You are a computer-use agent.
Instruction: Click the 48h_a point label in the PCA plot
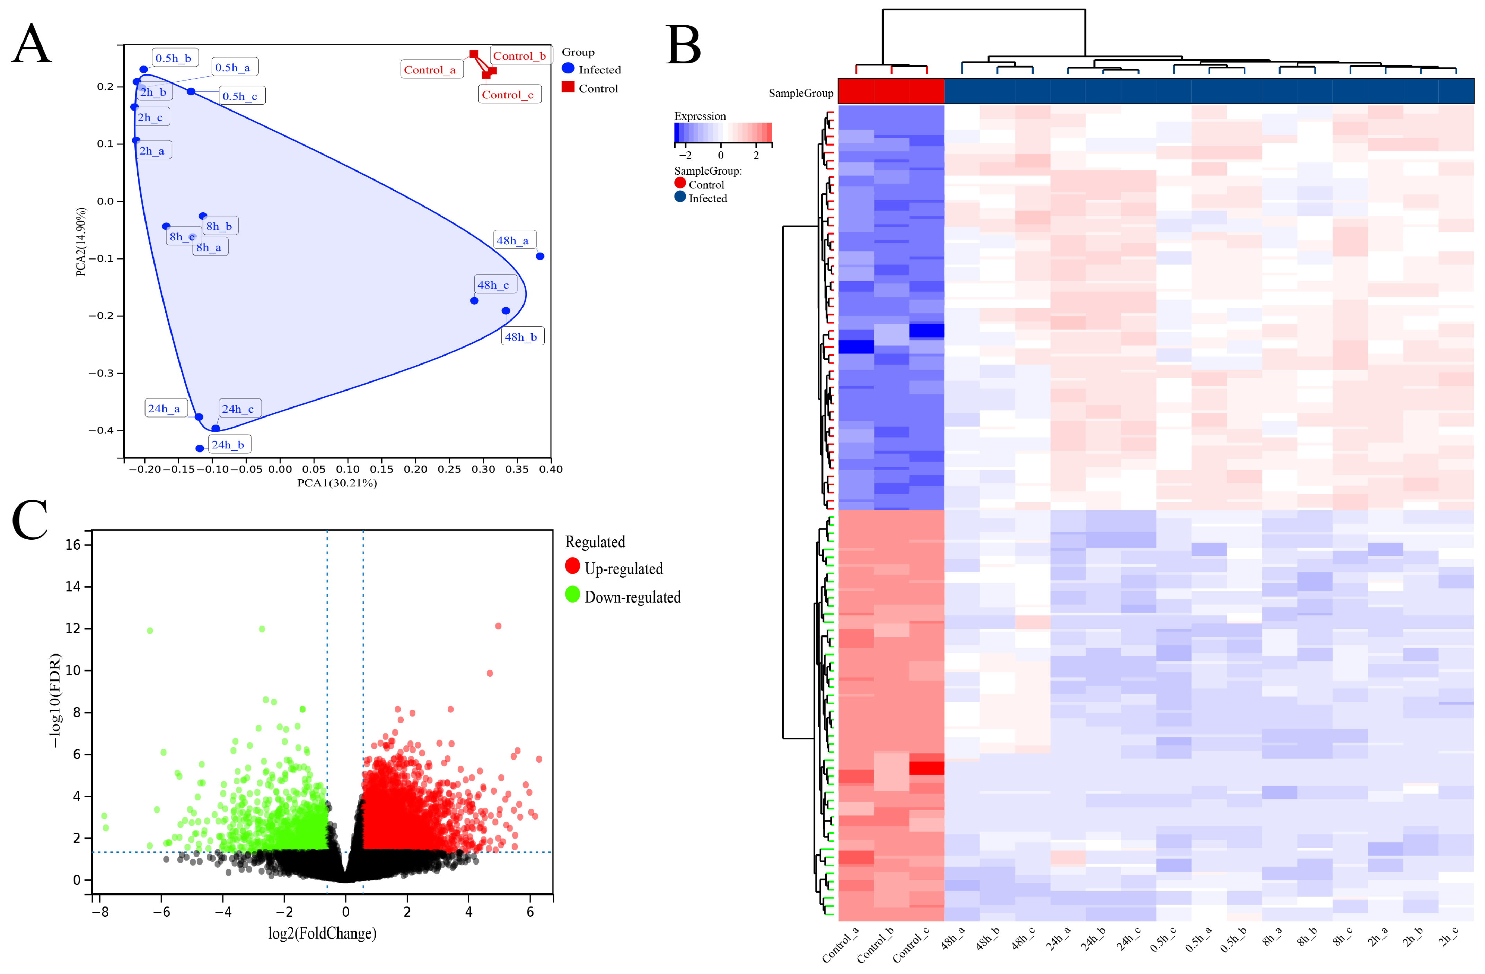coord(513,240)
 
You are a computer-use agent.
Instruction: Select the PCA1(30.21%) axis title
coord(337,483)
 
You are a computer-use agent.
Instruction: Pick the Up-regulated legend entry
coord(623,569)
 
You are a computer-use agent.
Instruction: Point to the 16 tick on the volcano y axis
coord(73,545)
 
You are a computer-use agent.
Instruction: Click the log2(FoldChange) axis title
coord(322,933)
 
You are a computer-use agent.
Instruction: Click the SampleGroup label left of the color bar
coord(800,93)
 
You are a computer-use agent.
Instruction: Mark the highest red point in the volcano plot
coord(498,626)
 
